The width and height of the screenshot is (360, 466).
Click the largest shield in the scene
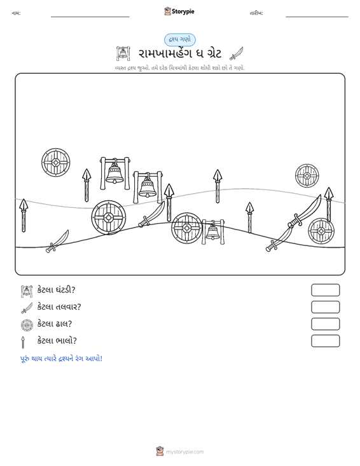[109, 217]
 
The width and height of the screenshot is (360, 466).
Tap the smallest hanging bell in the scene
[213, 232]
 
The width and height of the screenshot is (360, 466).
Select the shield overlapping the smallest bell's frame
[187, 228]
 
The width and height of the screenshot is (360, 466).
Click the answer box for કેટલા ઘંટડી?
[325, 290]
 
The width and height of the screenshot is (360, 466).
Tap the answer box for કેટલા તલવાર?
[325, 307]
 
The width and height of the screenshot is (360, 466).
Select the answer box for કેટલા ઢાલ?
[325, 324]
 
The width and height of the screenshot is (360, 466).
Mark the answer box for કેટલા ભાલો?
[325, 341]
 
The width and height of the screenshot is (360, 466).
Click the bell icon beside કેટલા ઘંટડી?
[27, 291]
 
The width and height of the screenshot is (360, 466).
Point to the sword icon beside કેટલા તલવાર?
[27, 308]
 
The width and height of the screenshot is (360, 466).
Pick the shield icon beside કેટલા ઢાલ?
[27, 325]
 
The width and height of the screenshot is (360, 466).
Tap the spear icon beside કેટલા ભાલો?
[23, 342]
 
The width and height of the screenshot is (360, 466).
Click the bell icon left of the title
[123, 54]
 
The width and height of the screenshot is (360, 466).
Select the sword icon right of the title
[237, 53]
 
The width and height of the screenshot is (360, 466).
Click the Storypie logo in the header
[179, 11]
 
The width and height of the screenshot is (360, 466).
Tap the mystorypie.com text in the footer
[185, 452]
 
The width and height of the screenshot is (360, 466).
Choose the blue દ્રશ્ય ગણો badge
[180, 40]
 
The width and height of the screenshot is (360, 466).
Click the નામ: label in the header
[16, 13]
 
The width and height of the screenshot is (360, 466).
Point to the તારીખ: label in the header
[256, 13]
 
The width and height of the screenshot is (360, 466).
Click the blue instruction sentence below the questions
[61, 359]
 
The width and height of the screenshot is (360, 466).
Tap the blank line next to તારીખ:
[317, 17]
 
